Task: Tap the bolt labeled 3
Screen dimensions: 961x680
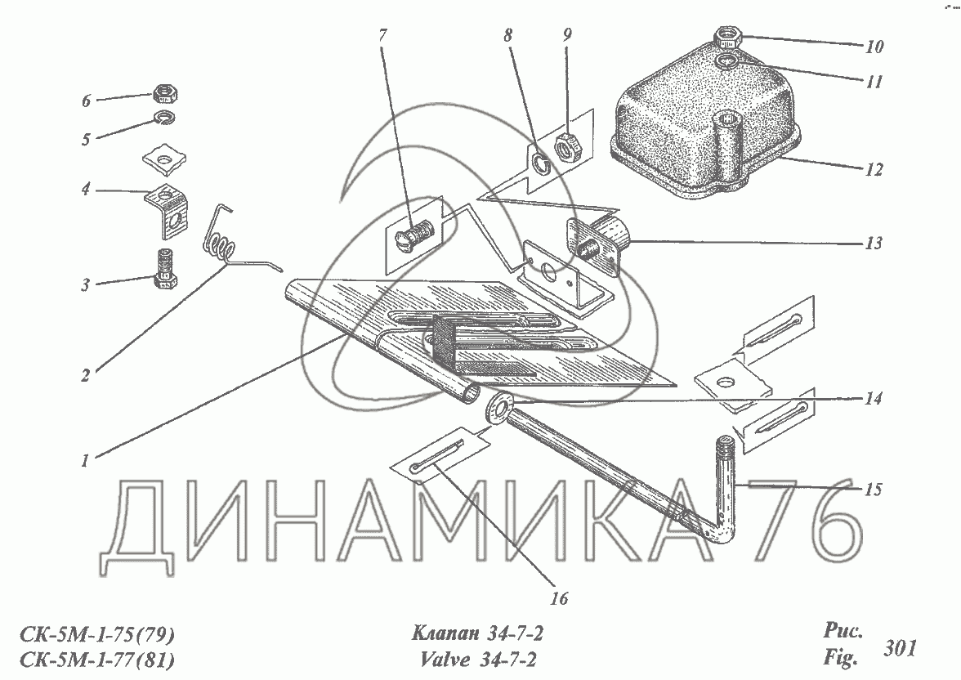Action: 165,269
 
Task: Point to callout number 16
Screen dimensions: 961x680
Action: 559,598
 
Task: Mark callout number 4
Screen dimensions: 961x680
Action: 84,190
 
